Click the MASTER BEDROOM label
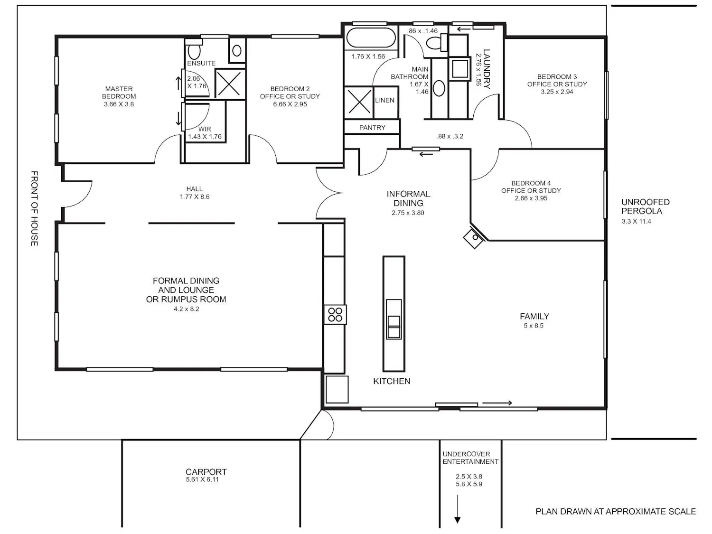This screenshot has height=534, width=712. point(119,93)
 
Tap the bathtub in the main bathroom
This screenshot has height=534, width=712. point(371,37)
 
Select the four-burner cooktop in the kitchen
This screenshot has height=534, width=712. point(335,315)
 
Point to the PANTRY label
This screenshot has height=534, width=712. point(372,128)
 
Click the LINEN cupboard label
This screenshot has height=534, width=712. point(384,100)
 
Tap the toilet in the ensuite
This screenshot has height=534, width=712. point(194,51)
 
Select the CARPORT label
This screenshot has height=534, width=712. point(206,472)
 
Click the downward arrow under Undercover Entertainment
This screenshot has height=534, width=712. point(458,509)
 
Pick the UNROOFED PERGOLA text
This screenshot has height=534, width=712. point(645,206)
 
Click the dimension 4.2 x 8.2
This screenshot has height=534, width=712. point(187,309)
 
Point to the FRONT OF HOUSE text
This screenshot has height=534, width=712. point(34,208)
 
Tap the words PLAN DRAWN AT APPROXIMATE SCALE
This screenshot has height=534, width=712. point(616,512)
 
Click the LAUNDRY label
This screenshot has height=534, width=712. point(487,69)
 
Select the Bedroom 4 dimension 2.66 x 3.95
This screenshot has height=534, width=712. point(531,198)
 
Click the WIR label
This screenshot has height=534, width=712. point(205,129)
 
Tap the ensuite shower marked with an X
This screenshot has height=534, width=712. point(229,84)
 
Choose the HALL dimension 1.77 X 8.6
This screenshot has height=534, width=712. point(195,197)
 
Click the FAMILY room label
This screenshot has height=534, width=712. point(534,316)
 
